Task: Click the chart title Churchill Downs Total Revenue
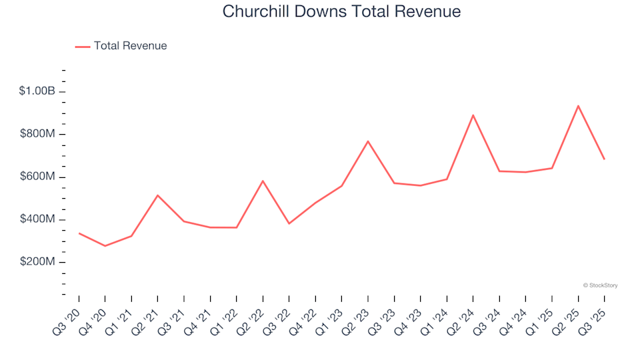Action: (x=341, y=11)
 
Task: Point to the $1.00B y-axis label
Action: (x=37, y=91)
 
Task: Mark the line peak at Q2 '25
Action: (x=578, y=105)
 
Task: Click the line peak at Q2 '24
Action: (x=473, y=115)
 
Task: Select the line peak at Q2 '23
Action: (x=368, y=141)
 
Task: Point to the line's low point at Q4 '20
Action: (x=105, y=246)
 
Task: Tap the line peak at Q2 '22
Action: (x=263, y=181)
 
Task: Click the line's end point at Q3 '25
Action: (x=604, y=159)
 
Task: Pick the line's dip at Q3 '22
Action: (x=289, y=223)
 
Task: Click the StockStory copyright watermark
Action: (x=600, y=285)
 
